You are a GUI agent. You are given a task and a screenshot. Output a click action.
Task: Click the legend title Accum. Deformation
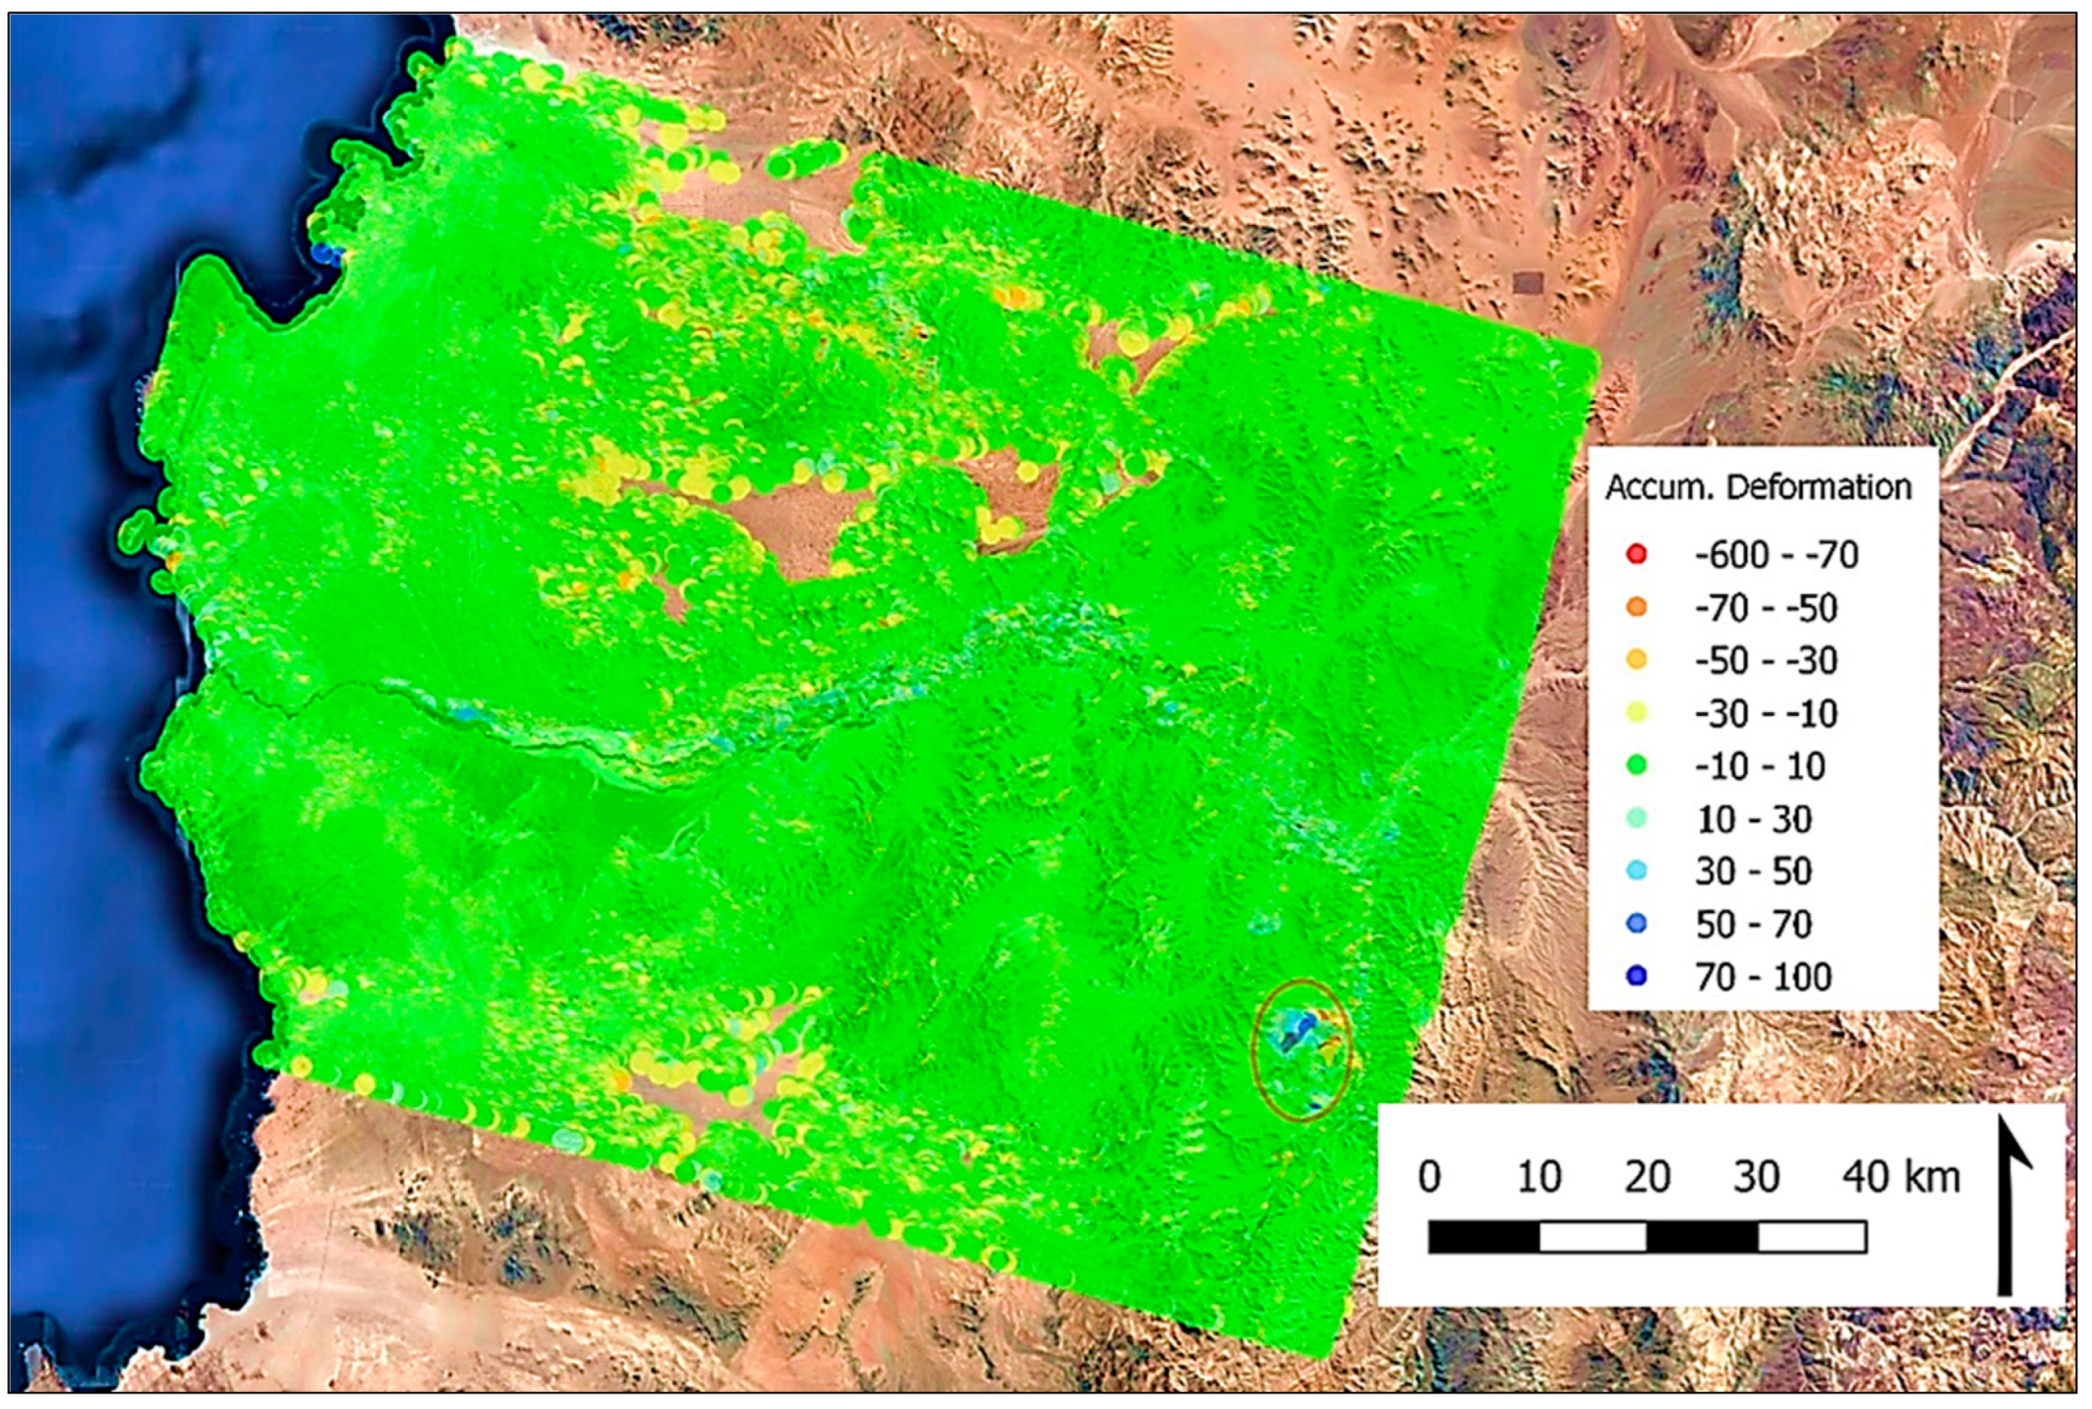tap(1757, 487)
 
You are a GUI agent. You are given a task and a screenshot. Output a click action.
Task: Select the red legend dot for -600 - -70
tap(1636, 554)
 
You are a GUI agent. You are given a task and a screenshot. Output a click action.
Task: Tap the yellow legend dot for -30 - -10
tap(1636, 714)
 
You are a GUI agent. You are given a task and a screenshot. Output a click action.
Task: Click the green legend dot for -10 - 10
tap(1636, 766)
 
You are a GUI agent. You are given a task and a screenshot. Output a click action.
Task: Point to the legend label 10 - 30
tap(1752, 819)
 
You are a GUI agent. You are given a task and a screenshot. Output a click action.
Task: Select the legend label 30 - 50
tap(1752, 871)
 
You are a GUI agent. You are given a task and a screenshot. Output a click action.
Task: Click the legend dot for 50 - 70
tap(1636, 923)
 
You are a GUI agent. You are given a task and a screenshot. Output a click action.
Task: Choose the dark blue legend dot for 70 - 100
tap(1636, 976)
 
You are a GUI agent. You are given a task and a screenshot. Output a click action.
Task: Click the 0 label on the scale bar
tap(1430, 1176)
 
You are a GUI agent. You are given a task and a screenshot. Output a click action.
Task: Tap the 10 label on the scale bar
tap(1538, 1176)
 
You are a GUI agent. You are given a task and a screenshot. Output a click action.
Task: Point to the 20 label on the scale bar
tap(1647, 1176)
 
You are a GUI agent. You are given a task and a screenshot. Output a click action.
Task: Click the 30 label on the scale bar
tap(1756, 1176)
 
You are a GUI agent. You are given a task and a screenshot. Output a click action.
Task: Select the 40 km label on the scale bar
tap(1900, 1176)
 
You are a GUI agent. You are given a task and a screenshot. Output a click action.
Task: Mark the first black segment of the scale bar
tap(1483, 1237)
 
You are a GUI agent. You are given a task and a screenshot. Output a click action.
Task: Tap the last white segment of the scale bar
tap(1812, 1237)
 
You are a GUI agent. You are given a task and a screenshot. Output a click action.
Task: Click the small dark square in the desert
tap(1528, 284)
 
